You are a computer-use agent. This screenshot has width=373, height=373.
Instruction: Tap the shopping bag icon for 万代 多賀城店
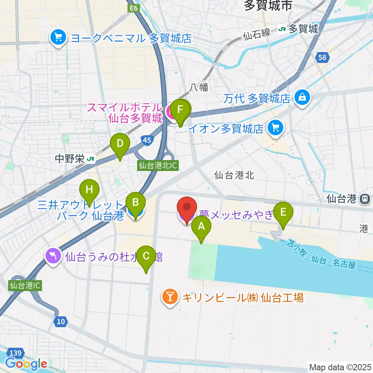302,97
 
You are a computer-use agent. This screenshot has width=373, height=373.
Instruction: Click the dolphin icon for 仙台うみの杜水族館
53,256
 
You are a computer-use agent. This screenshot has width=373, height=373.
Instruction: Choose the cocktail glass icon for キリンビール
170,298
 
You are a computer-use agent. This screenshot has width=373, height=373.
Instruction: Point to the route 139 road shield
15,352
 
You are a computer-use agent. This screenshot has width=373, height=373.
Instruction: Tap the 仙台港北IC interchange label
158,166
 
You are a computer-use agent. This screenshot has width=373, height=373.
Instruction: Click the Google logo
26,364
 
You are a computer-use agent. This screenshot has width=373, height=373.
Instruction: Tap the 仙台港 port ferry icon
365,199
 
